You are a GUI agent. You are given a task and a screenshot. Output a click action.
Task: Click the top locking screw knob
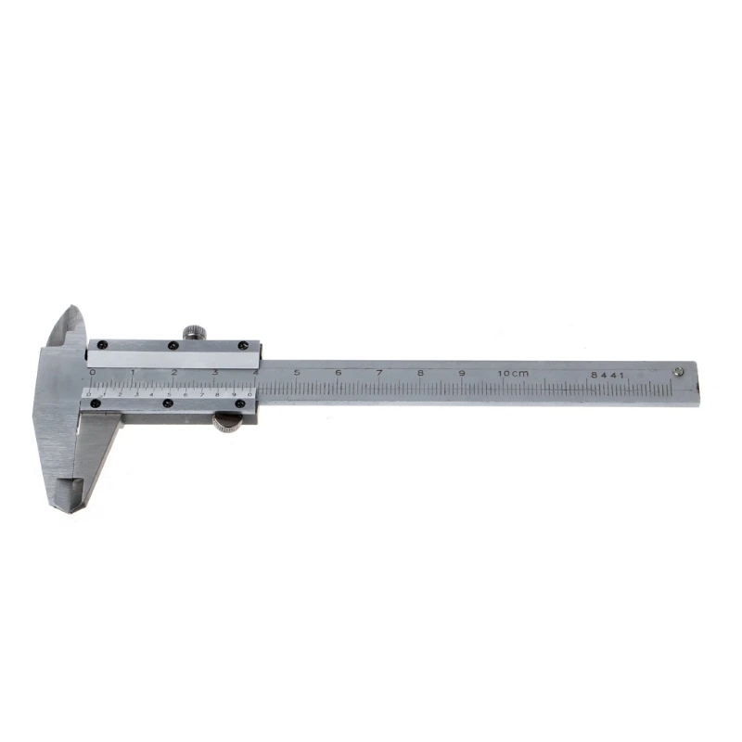click(x=194, y=331)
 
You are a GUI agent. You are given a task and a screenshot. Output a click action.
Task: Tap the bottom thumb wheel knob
click(x=226, y=423)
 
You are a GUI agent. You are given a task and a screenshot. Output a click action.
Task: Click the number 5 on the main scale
click(x=297, y=373)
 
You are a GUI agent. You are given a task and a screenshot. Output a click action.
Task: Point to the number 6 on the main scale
click(x=338, y=373)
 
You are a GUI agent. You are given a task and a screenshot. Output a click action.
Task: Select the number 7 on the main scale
click(x=379, y=373)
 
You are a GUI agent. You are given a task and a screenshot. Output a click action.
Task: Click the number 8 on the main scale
click(x=420, y=373)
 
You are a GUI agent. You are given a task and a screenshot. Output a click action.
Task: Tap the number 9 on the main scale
click(x=462, y=373)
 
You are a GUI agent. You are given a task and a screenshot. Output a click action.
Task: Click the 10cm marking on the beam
click(x=513, y=373)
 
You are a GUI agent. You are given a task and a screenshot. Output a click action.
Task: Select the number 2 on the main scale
click(x=173, y=372)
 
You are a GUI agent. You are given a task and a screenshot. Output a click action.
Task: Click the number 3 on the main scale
click(x=214, y=372)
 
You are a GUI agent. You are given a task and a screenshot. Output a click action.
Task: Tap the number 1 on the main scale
click(x=133, y=372)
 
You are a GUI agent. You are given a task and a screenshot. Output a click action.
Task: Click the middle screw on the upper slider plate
click(x=173, y=347)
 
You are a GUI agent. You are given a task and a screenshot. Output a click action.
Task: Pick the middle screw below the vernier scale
click(x=167, y=403)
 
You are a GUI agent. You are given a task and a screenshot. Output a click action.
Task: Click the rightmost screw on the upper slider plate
click(x=245, y=347)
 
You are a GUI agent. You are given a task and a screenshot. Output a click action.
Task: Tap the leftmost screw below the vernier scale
click(x=94, y=402)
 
